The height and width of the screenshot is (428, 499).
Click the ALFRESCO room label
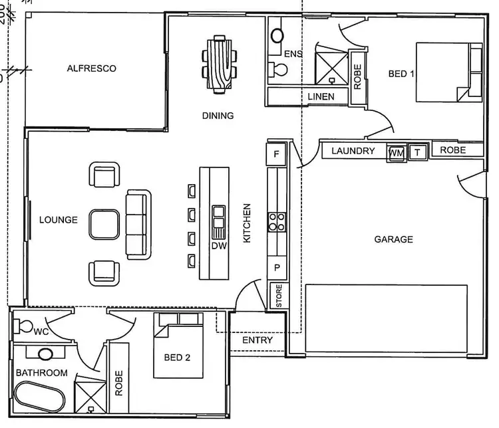click(x=92, y=68)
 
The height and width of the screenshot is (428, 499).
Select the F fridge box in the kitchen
click(x=276, y=155)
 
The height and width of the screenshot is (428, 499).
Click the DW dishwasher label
click(x=218, y=246)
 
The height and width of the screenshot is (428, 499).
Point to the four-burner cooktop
click(x=277, y=221)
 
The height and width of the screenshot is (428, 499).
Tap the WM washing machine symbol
click(x=396, y=153)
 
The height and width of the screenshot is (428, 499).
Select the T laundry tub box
click(x=418, y=152)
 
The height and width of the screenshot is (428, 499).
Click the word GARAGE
click(x=393, y=239)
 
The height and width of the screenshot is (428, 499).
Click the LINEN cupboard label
click(x=321, y=97)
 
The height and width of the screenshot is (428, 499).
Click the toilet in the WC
click(x=26, y=326)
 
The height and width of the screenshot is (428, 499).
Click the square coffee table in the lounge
click(x=105, y=225)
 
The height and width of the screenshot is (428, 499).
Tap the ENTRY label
click(x=257, y=340)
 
